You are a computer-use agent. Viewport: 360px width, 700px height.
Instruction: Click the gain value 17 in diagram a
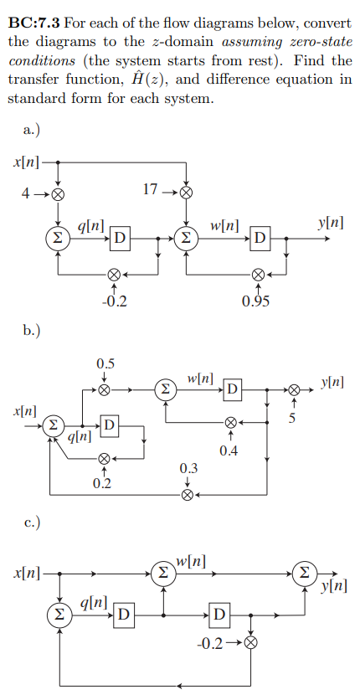[150, 189]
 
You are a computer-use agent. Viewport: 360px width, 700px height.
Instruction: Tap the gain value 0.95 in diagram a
[256, 302]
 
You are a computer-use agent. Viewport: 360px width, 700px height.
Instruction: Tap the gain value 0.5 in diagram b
[105, 363]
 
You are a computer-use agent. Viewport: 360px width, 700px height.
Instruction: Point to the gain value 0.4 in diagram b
[228, 453]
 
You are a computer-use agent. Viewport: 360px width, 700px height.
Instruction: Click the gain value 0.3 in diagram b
[188, 467]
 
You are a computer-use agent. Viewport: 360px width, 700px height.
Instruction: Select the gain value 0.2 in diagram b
[102, 484]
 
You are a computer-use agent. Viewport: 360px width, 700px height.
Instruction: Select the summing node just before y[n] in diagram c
[308, 574]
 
